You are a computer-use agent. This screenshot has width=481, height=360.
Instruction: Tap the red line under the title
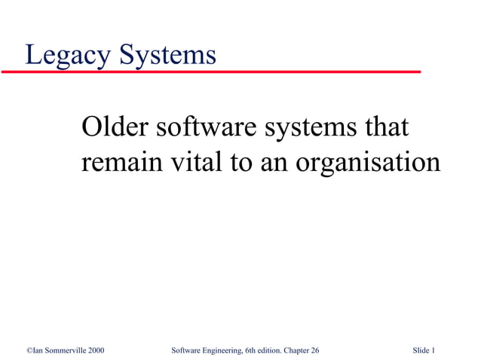pos(211,71)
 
